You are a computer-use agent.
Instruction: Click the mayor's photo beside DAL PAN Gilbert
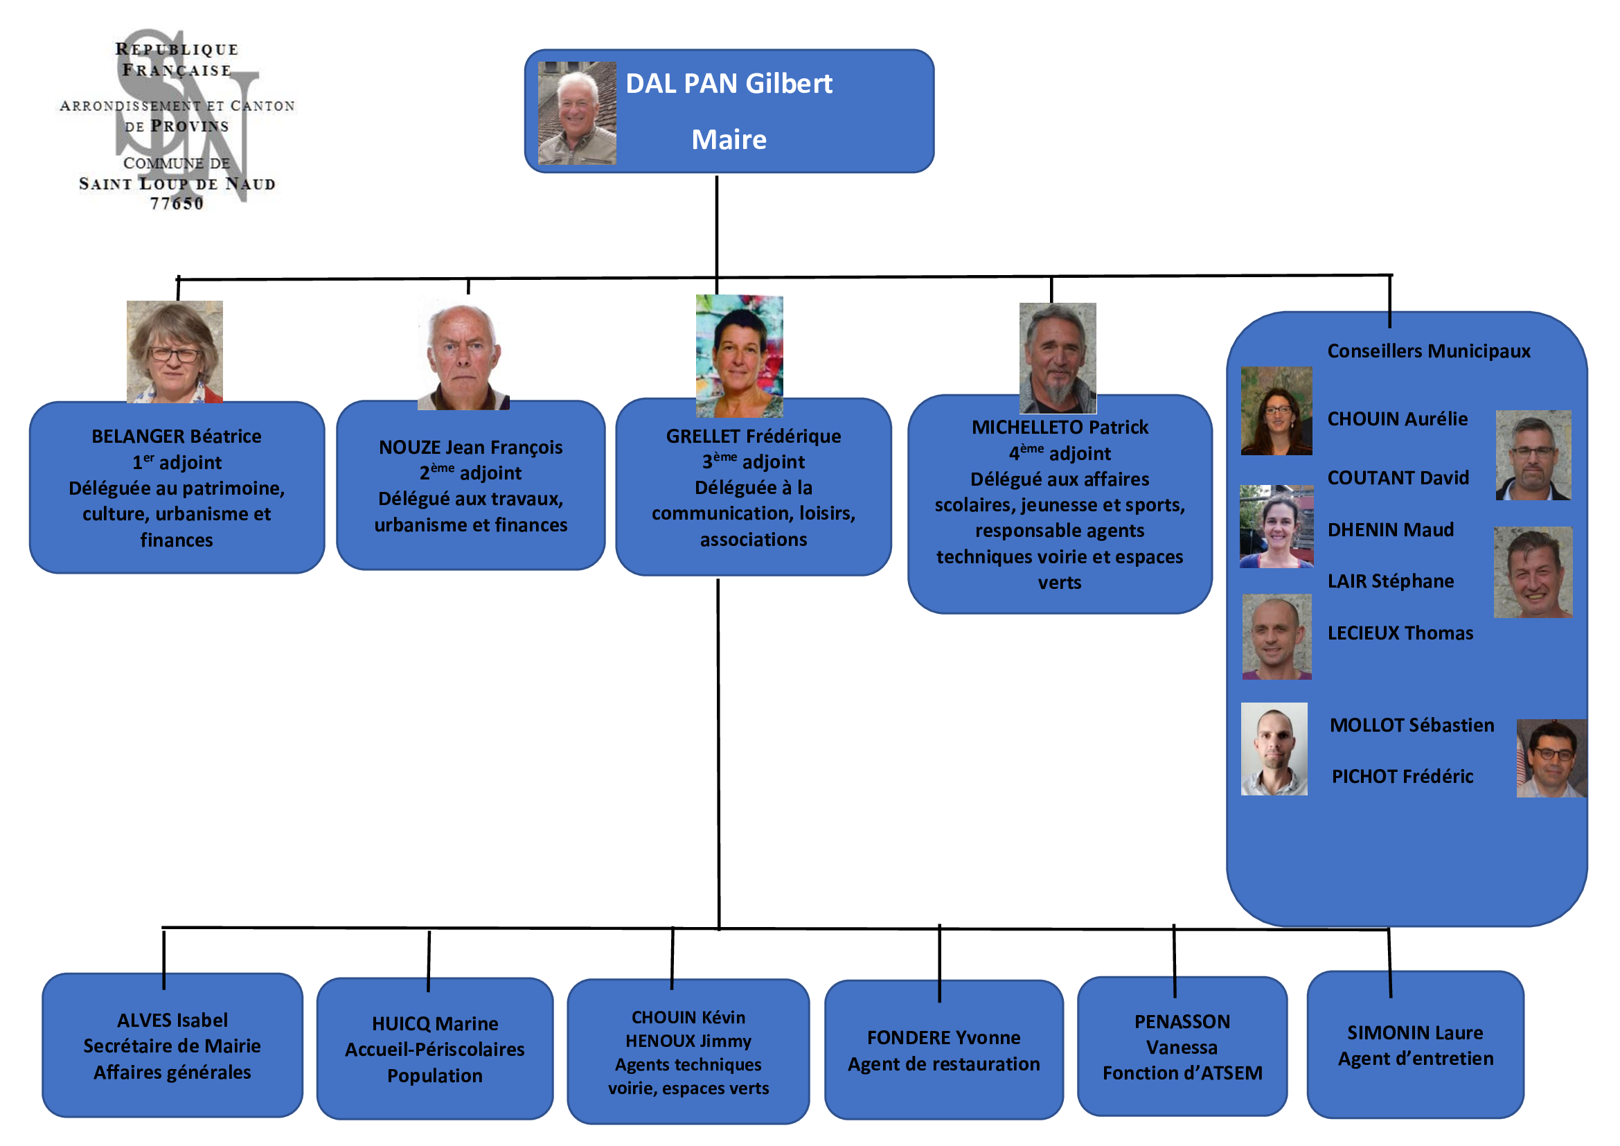pyautogui.click(x=576, y=113)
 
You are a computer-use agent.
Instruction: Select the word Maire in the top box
pyautogui.click(x=728, y=140)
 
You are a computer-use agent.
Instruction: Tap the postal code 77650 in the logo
pyautogui.click(x=177, y=204)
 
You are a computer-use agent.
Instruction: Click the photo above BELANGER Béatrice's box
pyautogui.click(x=175, y=351)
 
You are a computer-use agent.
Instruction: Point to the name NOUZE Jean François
pyautogui.click(x=470, y=448)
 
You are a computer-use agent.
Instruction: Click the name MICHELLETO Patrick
pyautogui.click(x=1059, y=427)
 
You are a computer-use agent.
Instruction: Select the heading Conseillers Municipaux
pyautogui.click(x=1428, y=351)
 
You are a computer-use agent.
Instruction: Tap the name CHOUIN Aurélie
pyautogui.click(x=1397, y=419)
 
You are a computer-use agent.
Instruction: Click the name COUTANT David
pyautogui.click(x=1398, y=479)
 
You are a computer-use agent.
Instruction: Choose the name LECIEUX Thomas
pyautogui.click(x=1400, y=634)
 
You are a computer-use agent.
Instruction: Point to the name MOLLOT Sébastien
pyautogui.click(x=1411, y=725)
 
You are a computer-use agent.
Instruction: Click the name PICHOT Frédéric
pyautogui.click(x=1402, y=777)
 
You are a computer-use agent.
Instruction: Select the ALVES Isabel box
pyautogui.click(x=172, y=1046)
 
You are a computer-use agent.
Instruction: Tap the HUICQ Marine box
pyautogui.click(x=435, y=1049)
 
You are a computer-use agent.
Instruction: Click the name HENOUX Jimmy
pyautogui.click(x=688, y=1041)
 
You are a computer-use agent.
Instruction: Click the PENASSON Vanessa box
pyautogui.click(x=1182, y=1047)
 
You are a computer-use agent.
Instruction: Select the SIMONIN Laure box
pyautogui.click(x=1415, y=1046)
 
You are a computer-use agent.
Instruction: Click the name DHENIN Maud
pyautogui.click(x=1390, y=530)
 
